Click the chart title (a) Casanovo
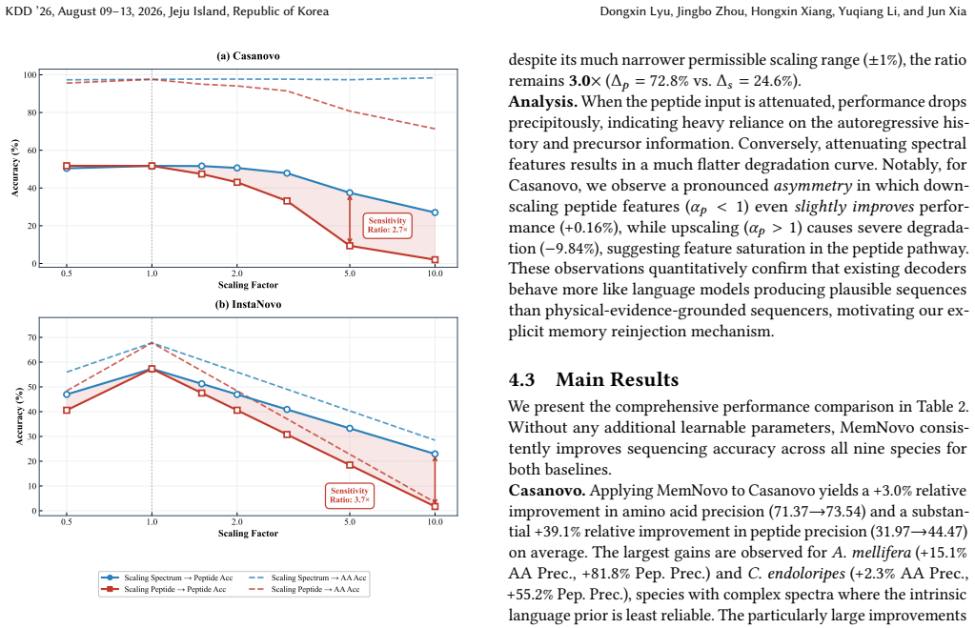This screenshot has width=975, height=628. click(x=248, y=56)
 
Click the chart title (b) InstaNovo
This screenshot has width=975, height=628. click(x=248, y=304)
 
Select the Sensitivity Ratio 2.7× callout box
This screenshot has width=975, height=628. click(x=387, y=225)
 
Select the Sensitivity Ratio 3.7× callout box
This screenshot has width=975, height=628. click(x=350, y=496)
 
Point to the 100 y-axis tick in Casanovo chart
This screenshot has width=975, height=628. click(x=29, y=75)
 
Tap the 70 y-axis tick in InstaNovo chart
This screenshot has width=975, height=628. click(x=31, y=337)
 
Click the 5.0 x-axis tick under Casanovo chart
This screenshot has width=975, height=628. click(x=350, y=273)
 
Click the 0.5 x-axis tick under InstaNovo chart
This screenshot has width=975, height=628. click(x=67, y=521)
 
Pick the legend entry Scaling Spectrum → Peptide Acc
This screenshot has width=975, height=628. click(x=167, y=577)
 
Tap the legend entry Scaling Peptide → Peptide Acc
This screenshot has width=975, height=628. click(x=164, y=589)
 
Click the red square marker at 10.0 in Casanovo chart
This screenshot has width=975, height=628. click(x=435, y=260)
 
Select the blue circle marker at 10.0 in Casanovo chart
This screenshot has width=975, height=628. click(x=435, y=213)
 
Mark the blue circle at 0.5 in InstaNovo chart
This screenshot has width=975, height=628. click(x=67, y=395)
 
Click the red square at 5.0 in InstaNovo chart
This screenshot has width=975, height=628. click(x=350, y=465)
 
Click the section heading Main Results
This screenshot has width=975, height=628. click(x=617, y=379)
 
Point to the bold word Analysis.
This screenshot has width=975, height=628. click(x=543, y=102)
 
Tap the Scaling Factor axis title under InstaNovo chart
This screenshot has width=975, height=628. click(x=248, y=533)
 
